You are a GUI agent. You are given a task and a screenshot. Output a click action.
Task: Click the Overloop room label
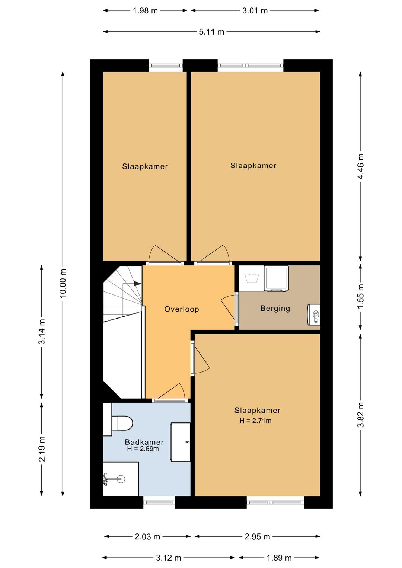[x=182, y=309]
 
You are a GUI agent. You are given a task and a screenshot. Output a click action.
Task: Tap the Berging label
[x=275, y=308]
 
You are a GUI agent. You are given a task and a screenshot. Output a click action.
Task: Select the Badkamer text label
[x=144, y=442]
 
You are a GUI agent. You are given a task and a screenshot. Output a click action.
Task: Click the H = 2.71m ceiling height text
[x=255, y=421]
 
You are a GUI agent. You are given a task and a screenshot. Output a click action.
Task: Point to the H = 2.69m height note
[x=143, y=449]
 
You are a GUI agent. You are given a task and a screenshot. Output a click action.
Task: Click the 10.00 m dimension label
[x=63, y=283]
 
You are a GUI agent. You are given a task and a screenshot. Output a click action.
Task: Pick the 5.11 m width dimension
[x=211, y=32]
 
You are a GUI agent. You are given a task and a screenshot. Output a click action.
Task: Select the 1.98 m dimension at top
[x=145, y=11]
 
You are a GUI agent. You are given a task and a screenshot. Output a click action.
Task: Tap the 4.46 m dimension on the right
[x=360, y=166]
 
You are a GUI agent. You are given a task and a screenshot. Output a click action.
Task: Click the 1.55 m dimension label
[x=360, y=296]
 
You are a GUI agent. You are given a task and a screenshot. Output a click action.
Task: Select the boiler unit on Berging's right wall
[x=314, y=315]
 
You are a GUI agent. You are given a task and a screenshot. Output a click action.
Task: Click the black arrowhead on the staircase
[x=137, y=284]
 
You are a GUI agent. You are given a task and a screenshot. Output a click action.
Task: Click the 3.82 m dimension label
[x=360, y=415]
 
